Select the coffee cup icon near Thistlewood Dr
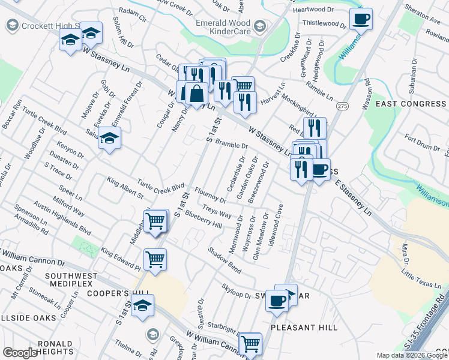(x=361, y=20)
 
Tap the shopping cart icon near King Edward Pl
(x=155, y=260)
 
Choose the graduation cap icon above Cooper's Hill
(x=143, y=305)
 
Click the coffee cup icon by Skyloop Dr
(x=277, y=300)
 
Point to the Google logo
(x=20, y=353)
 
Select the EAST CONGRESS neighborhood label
(x=411, y=104)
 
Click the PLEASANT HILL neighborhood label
(x=304, y=328)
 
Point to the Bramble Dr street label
(x=232, y=145)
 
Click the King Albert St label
(x=125, y=187)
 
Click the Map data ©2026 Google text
(x=412, y=355)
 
